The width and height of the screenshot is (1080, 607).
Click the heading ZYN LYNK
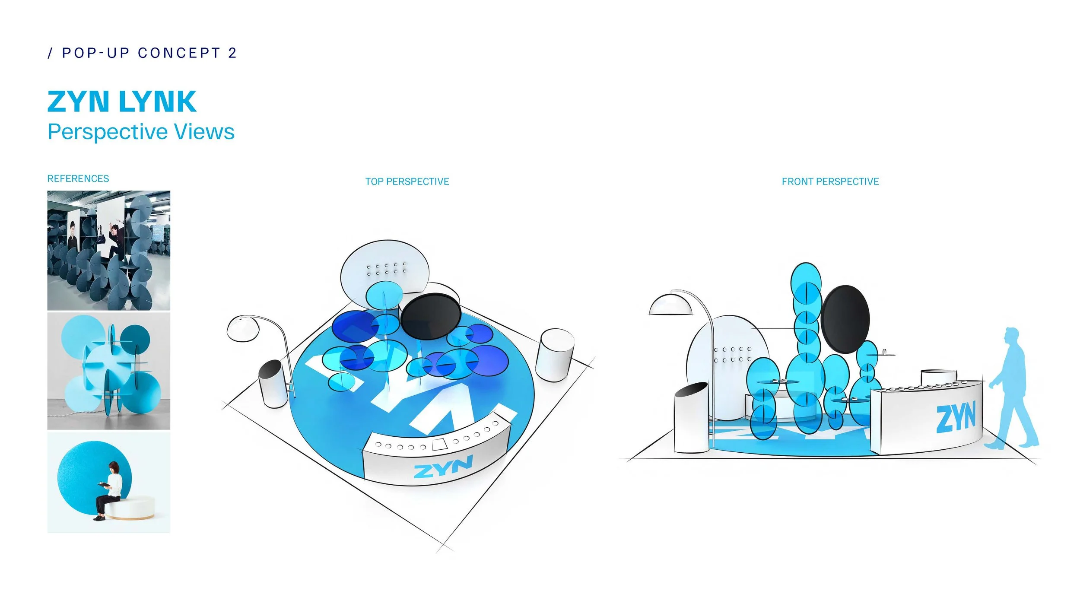(x=122, y=102)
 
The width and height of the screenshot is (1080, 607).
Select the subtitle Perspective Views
(x=141, y=132)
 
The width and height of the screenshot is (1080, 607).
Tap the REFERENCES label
(x=78, y=178)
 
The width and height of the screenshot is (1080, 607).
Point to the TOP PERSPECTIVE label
(x=407, y=181)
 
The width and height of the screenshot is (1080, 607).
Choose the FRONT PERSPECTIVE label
(x=830, y=181)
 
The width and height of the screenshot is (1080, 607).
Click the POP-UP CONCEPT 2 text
(x=143, y=53)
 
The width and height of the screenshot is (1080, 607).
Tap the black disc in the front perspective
(x=845, y=319)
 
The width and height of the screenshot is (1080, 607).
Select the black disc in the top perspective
(x=430, y=316)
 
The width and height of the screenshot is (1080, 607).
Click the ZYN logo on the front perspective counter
(x=955, y=417)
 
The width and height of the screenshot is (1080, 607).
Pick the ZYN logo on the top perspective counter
(x=443, y=467)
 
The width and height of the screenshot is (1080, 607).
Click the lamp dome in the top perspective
(x=244, y=329)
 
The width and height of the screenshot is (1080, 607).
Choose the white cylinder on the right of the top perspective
(x=554, y=354)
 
